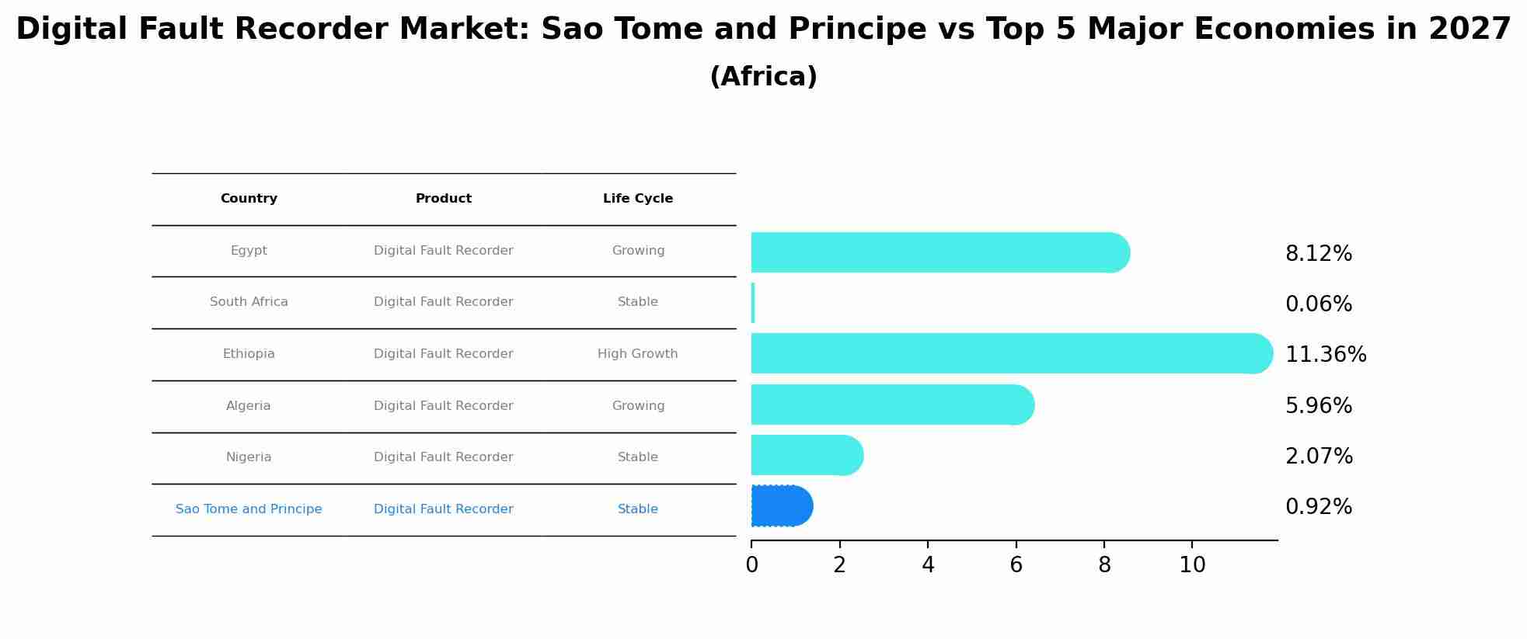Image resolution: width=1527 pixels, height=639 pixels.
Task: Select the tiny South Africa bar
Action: (x=753, y=303)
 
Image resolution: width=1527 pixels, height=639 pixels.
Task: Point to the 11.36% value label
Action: (x=1325, y=355)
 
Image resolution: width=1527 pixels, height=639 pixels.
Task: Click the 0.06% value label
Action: (x=1318, y=304)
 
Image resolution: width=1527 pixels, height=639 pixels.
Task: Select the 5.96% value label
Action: (x=1318, y=406)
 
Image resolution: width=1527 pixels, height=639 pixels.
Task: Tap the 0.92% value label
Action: (x=1318, y=507)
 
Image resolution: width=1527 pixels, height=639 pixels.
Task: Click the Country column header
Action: (x=249, y=199)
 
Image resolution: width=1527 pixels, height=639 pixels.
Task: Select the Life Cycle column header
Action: (x=637, y=199)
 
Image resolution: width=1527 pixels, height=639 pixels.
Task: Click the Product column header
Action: (x=443, y=199)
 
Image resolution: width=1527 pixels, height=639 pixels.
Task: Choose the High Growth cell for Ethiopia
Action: (x=637, y=354)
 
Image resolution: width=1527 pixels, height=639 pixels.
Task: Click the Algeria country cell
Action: (x=249, y=406)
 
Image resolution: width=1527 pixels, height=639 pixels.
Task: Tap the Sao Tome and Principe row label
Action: (x=249, y=509)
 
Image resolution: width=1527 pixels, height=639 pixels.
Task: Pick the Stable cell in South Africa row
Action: (x=637, y=302)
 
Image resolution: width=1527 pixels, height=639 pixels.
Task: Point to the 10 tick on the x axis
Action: (x=1192, y=565)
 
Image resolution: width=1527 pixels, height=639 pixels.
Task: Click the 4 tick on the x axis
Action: (x=928, y=565)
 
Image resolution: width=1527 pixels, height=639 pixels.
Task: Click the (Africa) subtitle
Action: (x=763, y=77)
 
